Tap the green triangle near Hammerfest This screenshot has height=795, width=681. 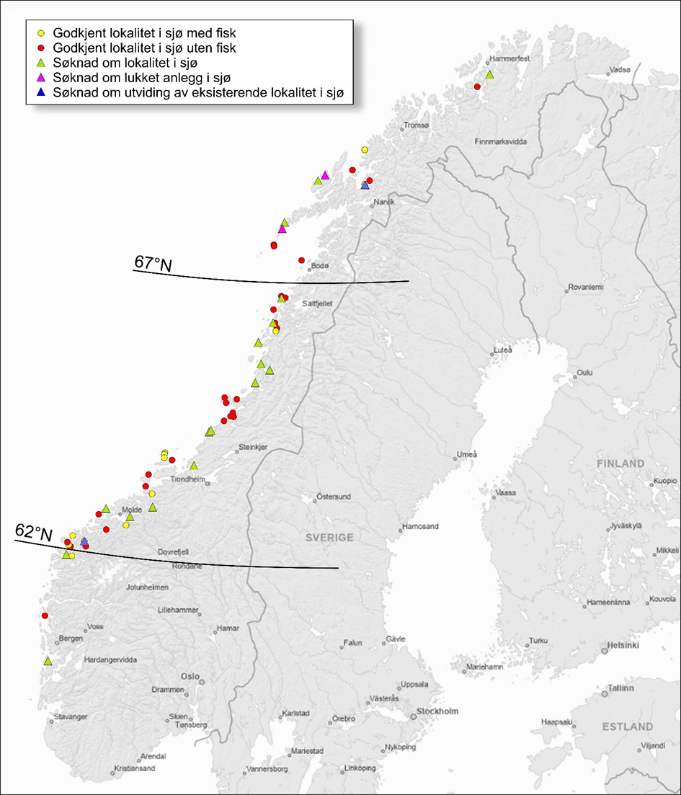point(489,75)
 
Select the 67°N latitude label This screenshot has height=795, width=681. point(153,264)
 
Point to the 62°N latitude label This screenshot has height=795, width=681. point(34,533)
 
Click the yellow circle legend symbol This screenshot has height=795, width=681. point(41,34)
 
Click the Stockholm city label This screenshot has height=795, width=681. point(438,711)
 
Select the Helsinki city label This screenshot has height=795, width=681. point(624,645)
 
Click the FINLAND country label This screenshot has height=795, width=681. point(619,463)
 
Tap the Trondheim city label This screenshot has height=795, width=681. point(188,479)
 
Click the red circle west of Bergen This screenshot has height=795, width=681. point(45,616)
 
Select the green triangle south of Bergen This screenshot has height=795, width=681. point(48,661)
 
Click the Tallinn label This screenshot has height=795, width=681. point(620,688)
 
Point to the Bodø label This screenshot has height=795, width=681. point(319,267)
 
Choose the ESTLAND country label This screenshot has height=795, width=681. point(628,727)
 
